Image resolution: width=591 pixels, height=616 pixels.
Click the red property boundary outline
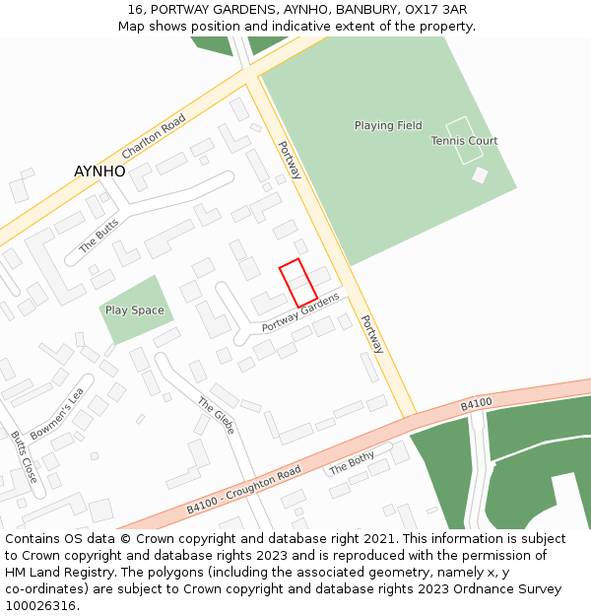pos(297,282)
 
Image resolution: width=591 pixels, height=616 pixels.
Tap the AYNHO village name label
pos(99,171)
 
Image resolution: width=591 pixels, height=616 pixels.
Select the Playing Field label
pos(388,126)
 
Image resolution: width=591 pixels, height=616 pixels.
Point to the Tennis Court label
pos(464,141)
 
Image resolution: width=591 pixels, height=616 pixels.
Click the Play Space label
pos(135,310)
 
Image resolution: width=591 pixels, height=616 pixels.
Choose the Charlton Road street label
pos(154,137)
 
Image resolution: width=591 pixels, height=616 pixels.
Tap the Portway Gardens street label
pos(300,311)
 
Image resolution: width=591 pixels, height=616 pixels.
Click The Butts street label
pos(98,235)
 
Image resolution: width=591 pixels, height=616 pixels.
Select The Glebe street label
pos(217,416)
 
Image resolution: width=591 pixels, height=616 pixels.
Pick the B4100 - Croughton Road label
pos(243,490)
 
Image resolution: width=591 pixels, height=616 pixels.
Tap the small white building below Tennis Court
pos(480,175)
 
